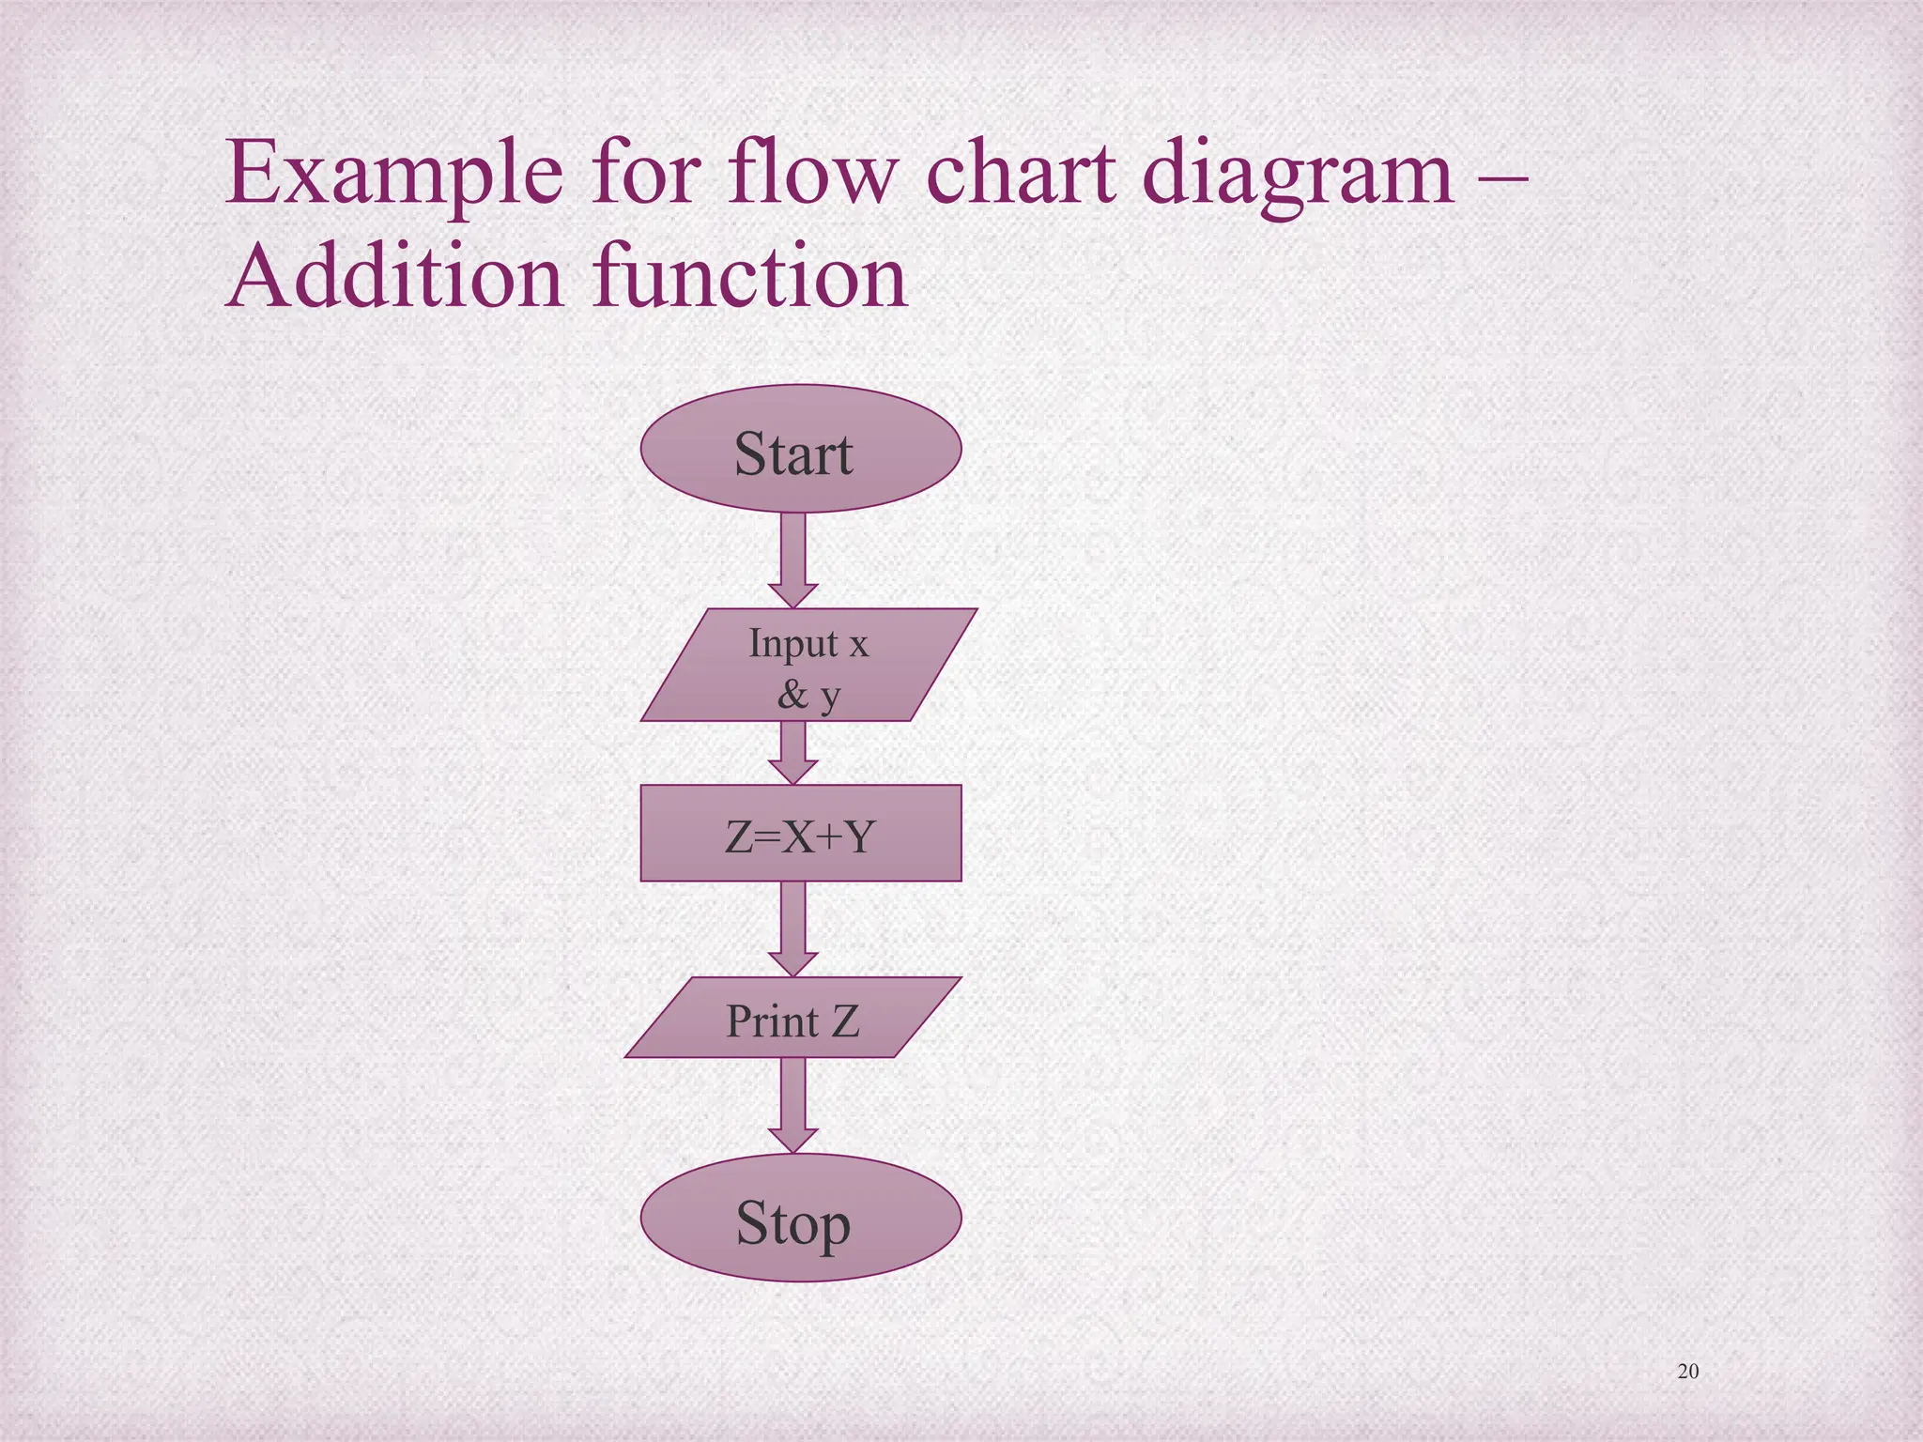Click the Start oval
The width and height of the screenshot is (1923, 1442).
pos(800,449)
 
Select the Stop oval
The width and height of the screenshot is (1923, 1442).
pos(800,1218)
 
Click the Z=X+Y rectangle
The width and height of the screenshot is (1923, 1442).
pos(800,833)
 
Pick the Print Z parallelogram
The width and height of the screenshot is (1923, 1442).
pos(792,1018)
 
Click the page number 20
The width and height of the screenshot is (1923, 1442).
pos(1687,1372)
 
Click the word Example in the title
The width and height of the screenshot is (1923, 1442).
pos(394,174)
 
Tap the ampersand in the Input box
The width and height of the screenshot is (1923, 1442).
pos(792,695)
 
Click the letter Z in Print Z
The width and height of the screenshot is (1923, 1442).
pos(845,1020)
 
